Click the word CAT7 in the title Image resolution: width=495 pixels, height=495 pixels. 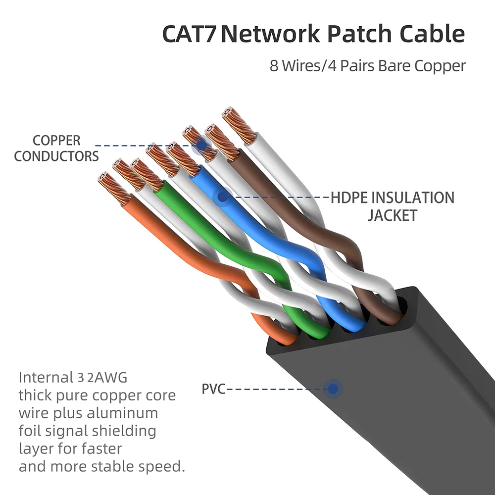(190, 35)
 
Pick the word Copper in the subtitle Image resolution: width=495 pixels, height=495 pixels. (440, 66)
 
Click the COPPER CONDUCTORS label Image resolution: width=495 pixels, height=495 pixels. (56, 148)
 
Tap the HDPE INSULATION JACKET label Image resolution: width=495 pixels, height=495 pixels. (392, 206)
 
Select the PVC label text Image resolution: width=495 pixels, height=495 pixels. (213, 389)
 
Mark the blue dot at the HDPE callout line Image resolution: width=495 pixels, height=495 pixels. (223, 197)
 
